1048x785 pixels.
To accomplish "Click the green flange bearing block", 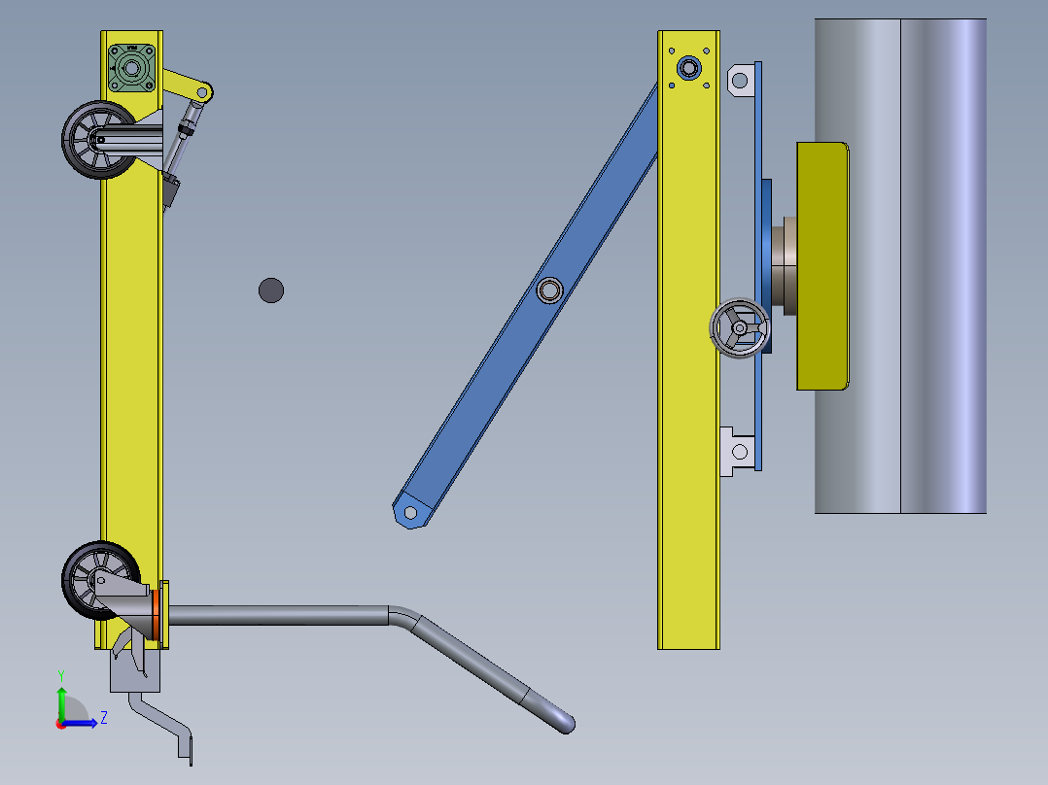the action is click(x=131, y=68).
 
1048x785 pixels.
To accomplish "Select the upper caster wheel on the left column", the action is click(x=98, y=140).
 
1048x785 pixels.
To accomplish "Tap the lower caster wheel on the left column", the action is click(x=100, y=580).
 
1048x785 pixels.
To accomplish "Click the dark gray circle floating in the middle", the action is click(x=271, y=290).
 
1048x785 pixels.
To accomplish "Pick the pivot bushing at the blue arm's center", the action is click(x=549, y=290).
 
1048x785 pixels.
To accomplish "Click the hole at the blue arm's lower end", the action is click(x=410, y=513).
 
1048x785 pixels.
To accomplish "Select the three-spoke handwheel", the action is click(x=739, y=328).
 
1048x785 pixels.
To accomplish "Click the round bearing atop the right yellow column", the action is click(x=689, y=67).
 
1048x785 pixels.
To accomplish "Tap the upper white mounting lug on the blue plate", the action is click(x=741, y=81).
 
